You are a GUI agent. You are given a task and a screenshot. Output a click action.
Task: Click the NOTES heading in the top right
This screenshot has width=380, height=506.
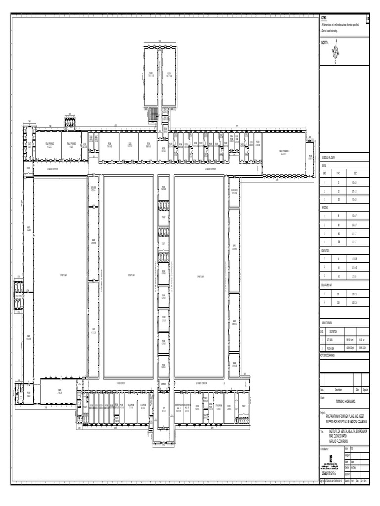pos(324,17)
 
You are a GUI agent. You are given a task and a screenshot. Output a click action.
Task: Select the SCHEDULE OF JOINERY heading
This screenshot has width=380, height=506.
pos(330,156)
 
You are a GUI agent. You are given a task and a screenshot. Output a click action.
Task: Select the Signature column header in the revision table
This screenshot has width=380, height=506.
pos(365,390)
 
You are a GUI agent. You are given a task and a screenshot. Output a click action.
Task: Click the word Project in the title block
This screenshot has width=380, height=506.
pos(323,412)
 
